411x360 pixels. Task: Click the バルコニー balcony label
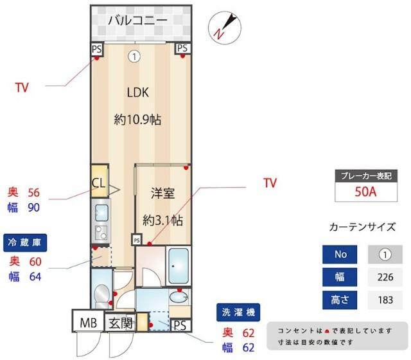point(137,20)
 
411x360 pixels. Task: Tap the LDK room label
point(137,92)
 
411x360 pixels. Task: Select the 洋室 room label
point(162,193)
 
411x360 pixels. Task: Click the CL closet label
point(98,182)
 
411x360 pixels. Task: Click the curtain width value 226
point(385,277)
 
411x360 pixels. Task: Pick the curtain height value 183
point(385,300)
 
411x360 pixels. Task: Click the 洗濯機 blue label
point(240,313)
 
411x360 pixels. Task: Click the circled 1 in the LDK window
point(134,57)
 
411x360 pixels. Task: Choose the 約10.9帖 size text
point(137,120)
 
